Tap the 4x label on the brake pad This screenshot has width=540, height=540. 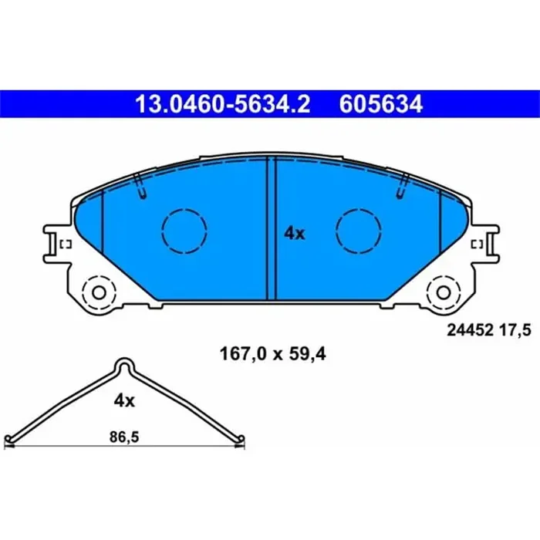pos(294,233)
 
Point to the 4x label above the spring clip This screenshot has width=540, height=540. pos(124,400)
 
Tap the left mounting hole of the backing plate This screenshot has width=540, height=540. pos(98,293)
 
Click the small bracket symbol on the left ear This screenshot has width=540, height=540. pos(66,245)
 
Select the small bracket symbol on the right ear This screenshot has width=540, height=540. pos(477,245)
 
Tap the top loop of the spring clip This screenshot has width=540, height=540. pos(126,366)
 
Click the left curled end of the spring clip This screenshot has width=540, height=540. pos(8,440)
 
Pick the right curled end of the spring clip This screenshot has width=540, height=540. pos(241,440)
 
